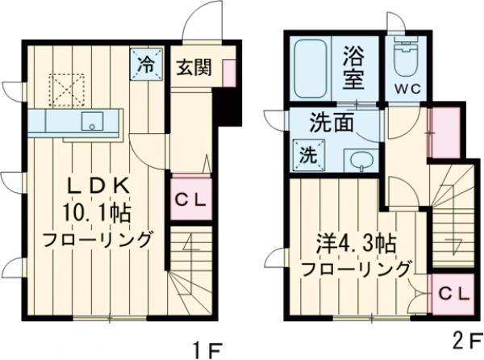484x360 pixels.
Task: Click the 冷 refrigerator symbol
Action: pos(147,65)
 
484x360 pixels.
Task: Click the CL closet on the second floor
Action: pos(453,295)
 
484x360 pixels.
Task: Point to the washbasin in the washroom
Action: pos(361,160)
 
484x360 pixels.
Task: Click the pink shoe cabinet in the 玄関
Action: pos(230,74)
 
